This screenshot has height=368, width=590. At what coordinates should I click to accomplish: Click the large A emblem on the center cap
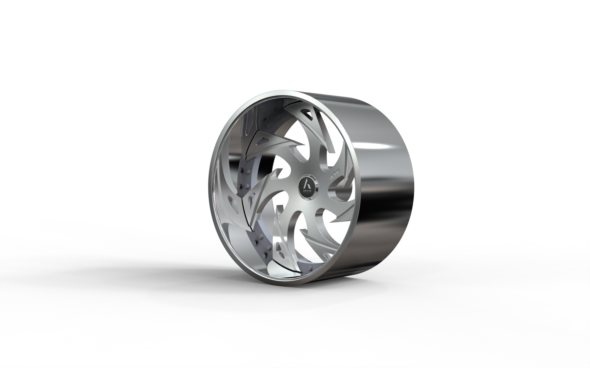click(307, 183)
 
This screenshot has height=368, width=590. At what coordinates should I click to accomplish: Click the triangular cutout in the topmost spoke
click(308, 115)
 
